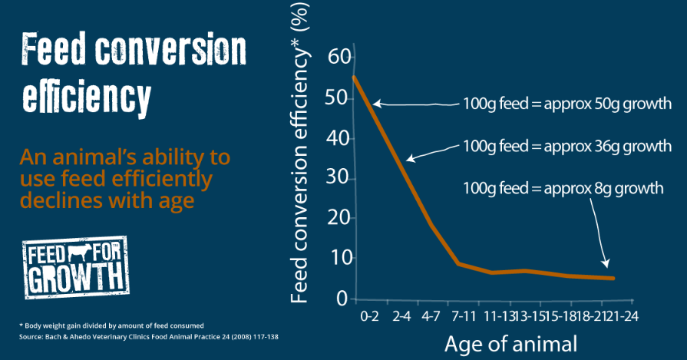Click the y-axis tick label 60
point(339,58)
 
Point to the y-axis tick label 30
point(339,178)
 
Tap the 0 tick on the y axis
point(343,298)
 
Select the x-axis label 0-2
point(369,315)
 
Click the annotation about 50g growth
point(567,103)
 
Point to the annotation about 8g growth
point(563,188)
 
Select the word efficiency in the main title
point(85,97)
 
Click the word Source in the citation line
point(31,337)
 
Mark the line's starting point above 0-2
point(354,77)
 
